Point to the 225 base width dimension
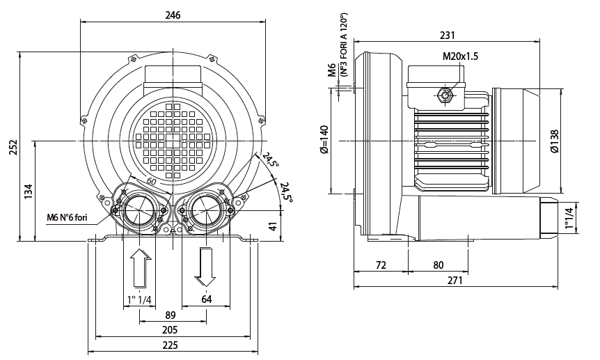coord(170,345)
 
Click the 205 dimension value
coord(170,329)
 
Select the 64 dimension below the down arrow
coord(206,299)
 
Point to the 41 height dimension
coord(273,226)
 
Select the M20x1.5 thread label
coord(459,57)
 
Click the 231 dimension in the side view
coord(448,35)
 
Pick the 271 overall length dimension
coord(455,280)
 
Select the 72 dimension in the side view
coord(381,265)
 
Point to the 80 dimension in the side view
coord(438,265)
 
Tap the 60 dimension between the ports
coord(151,182)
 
